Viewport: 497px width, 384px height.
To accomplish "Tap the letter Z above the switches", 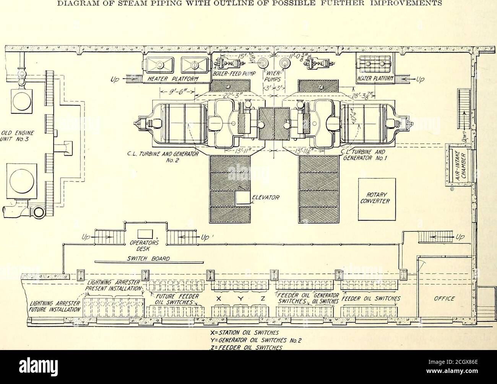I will click(x=263, y=300).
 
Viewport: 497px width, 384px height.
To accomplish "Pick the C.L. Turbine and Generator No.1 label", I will click(x=357, y=155).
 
